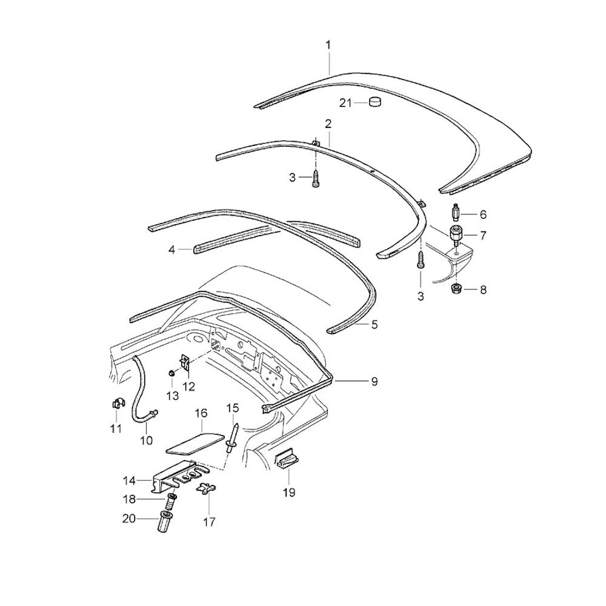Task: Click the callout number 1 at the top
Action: click(328, 45)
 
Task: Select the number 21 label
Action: click(345, 103)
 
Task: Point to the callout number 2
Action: click(328, 124)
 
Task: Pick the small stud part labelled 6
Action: click(456, 213)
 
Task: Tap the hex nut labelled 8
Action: click(455, 289)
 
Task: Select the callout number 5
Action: click(375, 325)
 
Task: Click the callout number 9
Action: click(375, 381)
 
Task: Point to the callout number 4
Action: click(172, 249)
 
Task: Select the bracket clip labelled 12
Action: click(185, 363)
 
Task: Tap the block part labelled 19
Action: click(287, 461)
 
